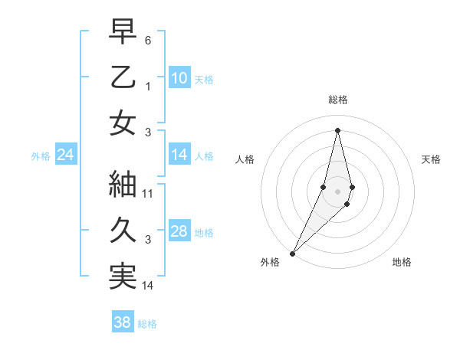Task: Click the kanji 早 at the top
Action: (123, 31)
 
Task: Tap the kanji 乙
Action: (123, 77)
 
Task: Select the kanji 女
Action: (123, 123)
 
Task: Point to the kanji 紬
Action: (123, 185)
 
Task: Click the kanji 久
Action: (123, 231)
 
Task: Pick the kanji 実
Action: (123, 277)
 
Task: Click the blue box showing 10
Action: (179, 78)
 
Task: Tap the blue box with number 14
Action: (179, 155)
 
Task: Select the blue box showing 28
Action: (179, 231)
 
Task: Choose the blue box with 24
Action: (65, 155)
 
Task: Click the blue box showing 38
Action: (122, 322)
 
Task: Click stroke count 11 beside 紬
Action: (148, 193)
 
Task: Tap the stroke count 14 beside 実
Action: (148, 285)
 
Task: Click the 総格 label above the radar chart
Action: (338, 100)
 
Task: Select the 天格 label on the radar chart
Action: (432, 159)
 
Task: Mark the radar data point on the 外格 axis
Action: (292, 253)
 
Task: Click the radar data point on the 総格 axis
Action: (338, 130)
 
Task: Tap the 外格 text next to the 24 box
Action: (41, 156)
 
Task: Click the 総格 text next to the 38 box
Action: (147, 324)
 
